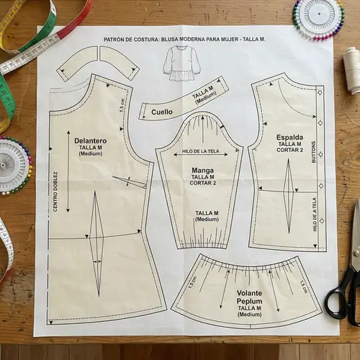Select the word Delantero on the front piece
point(90,141)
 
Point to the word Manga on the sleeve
point(202,171)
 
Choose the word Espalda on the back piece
point(289,137)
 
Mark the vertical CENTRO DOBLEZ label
point(55,191)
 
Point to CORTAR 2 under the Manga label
point(202,184)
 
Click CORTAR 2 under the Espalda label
point(289,150)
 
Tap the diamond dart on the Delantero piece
point(94,245)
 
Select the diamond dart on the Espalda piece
point(287,201)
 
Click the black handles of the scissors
point(341,295)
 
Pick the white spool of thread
point(351,71)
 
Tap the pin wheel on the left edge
point(12,165)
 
